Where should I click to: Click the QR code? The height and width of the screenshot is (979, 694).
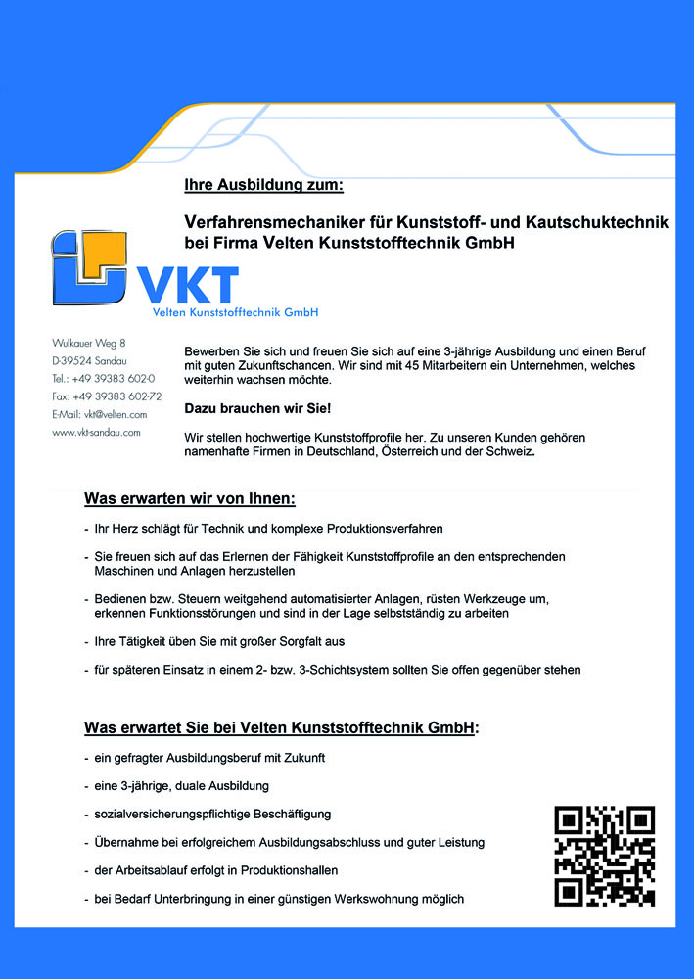point(604,856)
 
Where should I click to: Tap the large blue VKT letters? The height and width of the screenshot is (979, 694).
point(187,284)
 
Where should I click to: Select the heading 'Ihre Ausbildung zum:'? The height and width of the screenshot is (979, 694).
point(263,185)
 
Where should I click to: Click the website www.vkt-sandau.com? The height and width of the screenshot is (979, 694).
point(96,432)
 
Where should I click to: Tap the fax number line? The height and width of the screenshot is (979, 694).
point(107,396)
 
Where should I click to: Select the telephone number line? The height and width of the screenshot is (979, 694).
point(103,378)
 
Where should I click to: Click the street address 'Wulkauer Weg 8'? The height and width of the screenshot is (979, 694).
point(89,343)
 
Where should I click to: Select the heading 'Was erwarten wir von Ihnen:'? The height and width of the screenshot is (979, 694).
point(190,499)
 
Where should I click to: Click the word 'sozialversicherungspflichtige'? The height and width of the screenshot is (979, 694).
point(169,814)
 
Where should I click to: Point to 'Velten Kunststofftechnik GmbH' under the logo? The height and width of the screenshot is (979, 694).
point(235,312)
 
